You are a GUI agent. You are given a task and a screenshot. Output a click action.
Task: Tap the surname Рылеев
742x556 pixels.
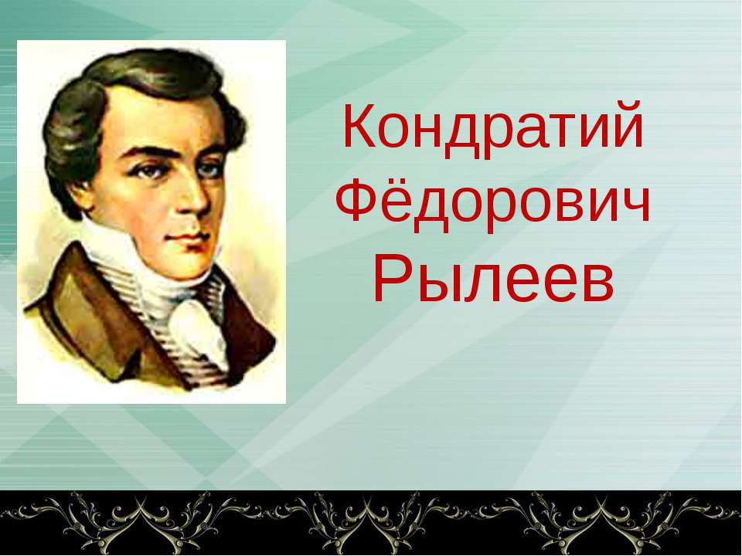click(x=493, y=281)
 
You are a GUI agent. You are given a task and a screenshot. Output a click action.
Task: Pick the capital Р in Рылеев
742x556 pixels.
click(x=390, y=281)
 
